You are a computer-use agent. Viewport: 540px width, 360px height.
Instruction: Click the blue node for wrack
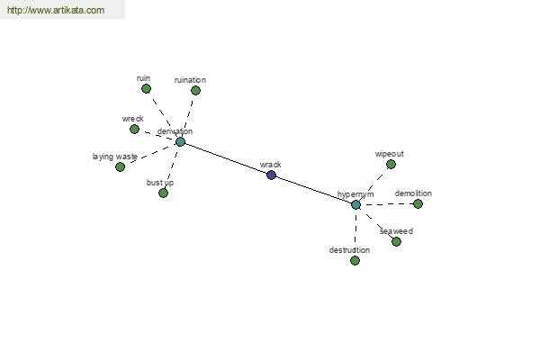(272, 175)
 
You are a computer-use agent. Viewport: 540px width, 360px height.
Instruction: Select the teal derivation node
(180, 141)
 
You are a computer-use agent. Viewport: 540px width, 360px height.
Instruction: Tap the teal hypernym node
(355, 204)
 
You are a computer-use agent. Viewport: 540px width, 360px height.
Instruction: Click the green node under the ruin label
(146, 89)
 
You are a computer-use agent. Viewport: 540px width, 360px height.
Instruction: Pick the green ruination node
(195, 91)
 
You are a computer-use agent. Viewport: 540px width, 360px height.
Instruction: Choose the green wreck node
(134, 130)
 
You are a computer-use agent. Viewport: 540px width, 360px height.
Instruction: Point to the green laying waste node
(120, 167)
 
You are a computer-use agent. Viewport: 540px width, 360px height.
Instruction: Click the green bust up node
(163, 193)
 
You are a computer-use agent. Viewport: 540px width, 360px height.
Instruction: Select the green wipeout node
(391, 165)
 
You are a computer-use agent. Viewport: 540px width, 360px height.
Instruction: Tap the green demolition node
(418, 204)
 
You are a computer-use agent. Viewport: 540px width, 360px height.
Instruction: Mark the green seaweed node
(396, 241)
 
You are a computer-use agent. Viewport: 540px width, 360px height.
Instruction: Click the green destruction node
(355, 260)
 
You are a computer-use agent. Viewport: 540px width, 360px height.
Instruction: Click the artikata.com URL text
(56, 10)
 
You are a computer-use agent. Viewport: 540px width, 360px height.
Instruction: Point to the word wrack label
(270, 165)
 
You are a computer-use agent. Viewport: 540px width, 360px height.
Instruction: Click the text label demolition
(413, 193)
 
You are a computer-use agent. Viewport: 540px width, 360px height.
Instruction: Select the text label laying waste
(115, 157)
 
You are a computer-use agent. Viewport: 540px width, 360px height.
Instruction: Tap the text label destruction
(349, 250)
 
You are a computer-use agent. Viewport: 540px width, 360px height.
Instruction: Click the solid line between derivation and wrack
(226, 158)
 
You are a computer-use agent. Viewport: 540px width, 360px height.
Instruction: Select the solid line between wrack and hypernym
(313, 190)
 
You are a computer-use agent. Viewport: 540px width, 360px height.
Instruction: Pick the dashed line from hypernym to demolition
(387, 204)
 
